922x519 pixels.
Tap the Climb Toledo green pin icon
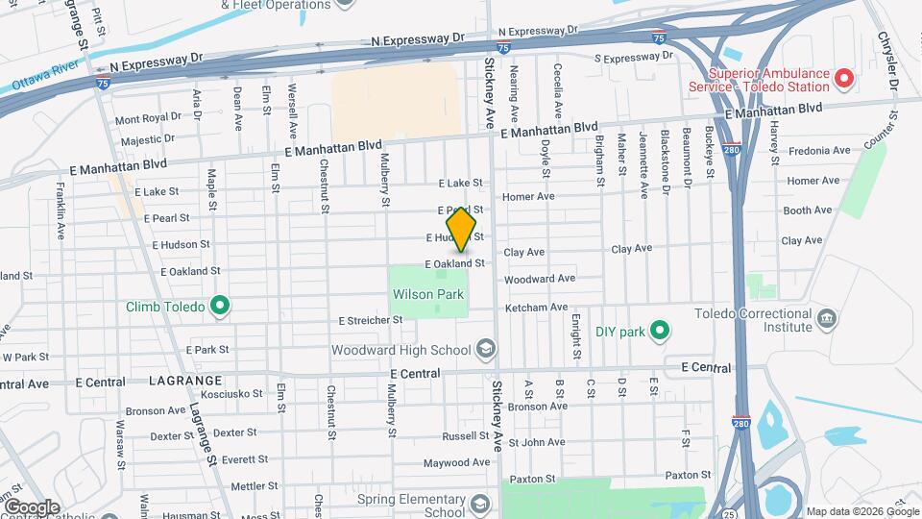tap(220, 308)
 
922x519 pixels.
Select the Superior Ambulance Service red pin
tap(844, 78)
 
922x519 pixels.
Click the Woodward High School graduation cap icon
tap(487, 349)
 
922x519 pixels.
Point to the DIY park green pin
tap(659, 332)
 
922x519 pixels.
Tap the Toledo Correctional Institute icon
tap(826, 318)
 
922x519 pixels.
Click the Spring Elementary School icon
tap(480, 504)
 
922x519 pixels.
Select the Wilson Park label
tap(427, 294)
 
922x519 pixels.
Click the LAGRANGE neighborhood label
tap(185, 382)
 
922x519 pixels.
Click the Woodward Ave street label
tap(539, 279)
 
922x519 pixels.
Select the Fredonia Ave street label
tap(818, 151)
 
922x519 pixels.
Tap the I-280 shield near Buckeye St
tap(732, 150)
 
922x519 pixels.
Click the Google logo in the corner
tap(32, 507)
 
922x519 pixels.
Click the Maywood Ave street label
tap(457, 463)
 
